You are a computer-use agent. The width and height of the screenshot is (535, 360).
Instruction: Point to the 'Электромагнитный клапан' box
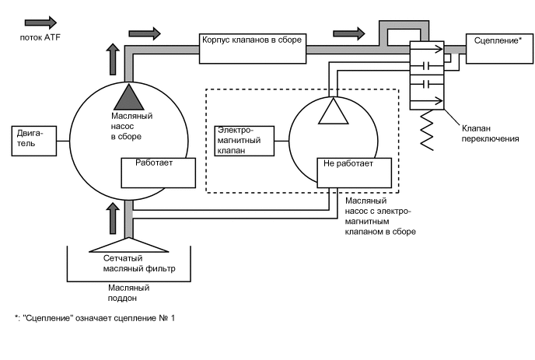click(x=245, y=141)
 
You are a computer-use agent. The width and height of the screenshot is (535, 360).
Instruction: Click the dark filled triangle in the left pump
click(x=126, y=96)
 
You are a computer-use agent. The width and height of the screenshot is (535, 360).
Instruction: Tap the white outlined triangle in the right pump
click(x=332, y=110)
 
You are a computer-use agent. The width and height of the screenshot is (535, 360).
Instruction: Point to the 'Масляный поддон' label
click(x=129, y=292)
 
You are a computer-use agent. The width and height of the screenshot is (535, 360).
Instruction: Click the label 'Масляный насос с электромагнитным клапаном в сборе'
click(x=379, y=215)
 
